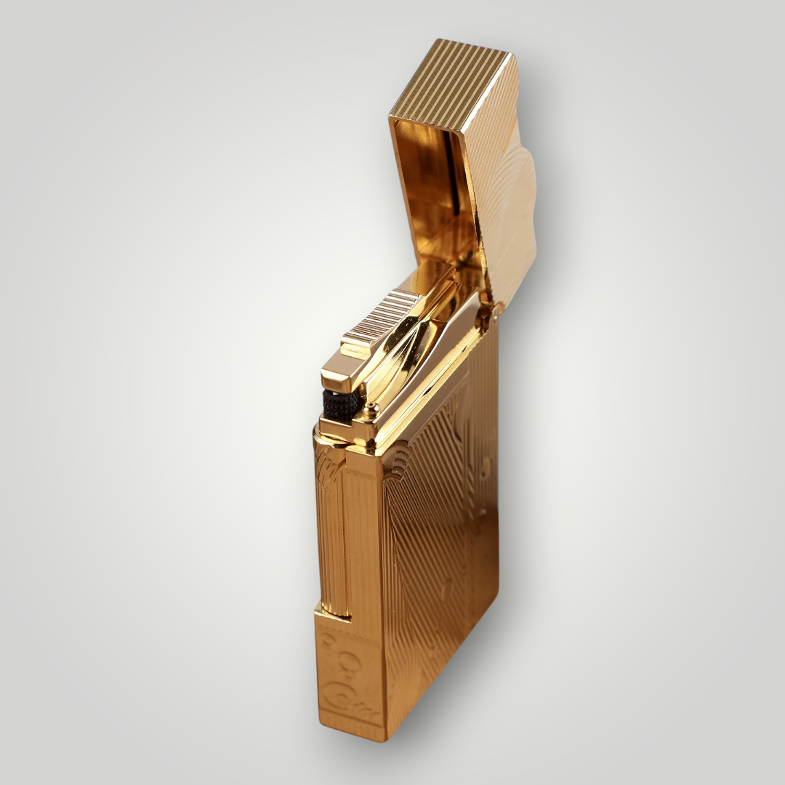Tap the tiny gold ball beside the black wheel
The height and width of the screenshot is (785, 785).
click(x=369, y=405)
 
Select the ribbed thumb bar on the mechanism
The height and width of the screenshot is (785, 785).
click(x=381, y=315)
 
